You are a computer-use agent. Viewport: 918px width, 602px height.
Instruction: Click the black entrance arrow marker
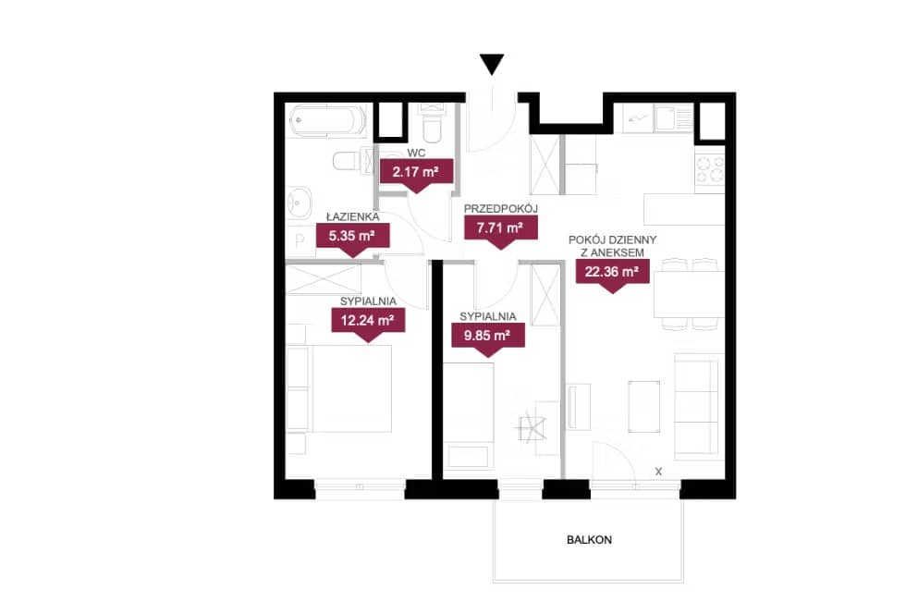491,64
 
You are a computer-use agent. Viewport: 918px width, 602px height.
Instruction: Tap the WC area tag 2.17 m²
416,173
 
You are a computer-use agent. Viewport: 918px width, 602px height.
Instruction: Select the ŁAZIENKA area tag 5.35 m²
352,238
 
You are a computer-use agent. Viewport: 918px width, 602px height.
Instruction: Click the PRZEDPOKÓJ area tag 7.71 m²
500,229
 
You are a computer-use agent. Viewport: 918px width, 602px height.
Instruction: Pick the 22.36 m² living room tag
612,273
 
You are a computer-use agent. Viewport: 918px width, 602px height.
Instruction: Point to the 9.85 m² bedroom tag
488,338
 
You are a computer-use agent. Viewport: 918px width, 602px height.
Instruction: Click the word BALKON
589,540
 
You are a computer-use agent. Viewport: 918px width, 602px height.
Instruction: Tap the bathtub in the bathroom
327,120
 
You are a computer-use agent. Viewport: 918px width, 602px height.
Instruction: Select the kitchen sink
667,117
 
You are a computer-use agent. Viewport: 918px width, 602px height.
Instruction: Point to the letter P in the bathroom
300,240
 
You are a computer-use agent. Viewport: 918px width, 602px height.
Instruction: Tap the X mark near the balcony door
658,471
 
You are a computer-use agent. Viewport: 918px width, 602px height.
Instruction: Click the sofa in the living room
697,406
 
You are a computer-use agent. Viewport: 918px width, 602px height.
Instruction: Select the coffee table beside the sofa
644,407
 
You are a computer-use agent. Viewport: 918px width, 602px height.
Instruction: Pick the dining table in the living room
689,294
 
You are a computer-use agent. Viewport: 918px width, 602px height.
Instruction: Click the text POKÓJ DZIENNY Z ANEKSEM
612,247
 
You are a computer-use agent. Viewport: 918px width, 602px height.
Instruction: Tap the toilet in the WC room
432,126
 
